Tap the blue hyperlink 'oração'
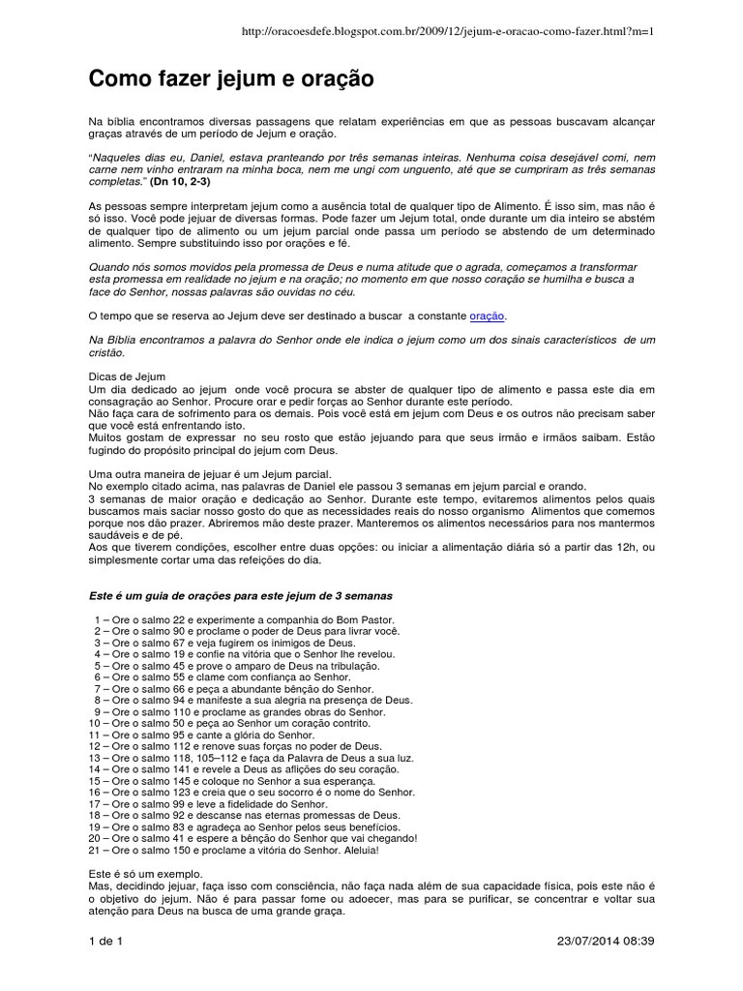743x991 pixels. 487,316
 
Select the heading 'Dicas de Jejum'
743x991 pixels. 127,375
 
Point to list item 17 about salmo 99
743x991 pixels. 211,804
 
